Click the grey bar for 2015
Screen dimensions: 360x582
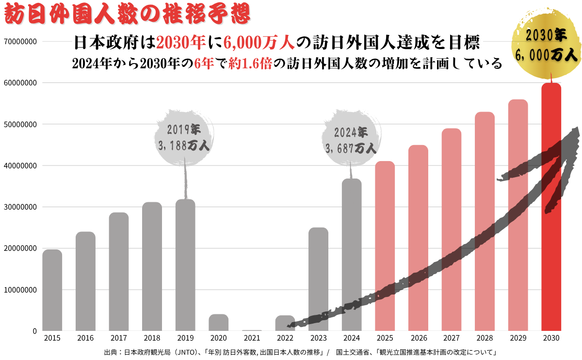point(52,290)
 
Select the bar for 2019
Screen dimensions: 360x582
point(185,265)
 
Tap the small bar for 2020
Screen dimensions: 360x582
point(218,323)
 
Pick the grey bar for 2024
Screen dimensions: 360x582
point(352,255)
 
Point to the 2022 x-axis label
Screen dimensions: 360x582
point(285,338)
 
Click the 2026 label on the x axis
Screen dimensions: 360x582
point(418,338)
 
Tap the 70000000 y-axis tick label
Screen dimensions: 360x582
point(20,42)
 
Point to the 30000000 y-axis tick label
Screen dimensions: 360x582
point(20,207)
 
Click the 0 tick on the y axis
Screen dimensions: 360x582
point(35,331)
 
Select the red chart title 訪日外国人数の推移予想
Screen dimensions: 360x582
point(127,14)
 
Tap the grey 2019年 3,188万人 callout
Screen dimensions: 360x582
point(184,138)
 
